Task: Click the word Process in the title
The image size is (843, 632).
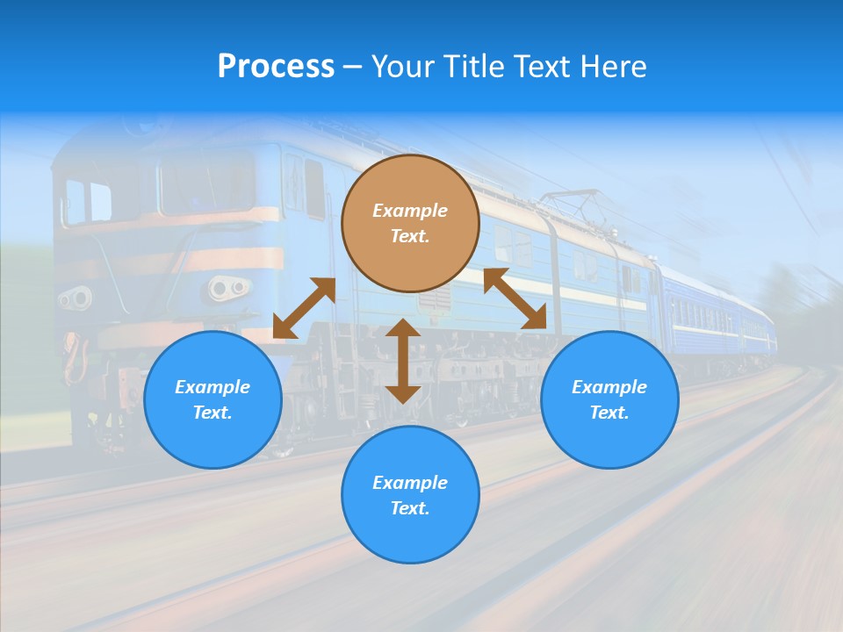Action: [276, 67]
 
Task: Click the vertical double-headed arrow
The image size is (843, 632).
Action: [403, 361]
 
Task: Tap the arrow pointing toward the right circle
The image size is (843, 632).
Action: [515, 298]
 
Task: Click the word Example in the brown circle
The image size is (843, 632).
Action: [410, 211]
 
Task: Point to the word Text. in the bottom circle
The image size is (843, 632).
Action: [410, 508]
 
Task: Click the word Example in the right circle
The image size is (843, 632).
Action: [609, 387]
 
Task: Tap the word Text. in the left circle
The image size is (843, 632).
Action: [213, 413]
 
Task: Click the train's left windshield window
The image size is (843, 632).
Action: [88, 201]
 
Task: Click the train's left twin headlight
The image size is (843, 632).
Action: [76, 298]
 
